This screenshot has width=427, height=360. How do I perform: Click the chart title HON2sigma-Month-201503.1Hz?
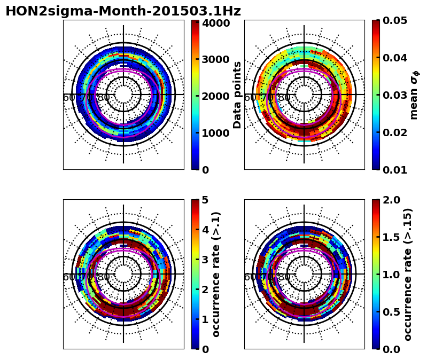point(123,11)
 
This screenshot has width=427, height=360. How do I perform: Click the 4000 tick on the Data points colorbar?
point(215,23)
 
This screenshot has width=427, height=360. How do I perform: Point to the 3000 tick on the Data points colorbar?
point(215,59)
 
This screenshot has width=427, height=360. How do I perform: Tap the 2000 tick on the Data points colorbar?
point(215,96)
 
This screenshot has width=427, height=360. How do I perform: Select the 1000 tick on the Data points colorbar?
point(215,133)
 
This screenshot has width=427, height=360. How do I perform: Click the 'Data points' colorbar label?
point(237,95)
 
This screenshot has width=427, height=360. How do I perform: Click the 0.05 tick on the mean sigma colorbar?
point(395,20)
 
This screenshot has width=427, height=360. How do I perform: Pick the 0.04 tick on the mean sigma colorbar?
point(395,58)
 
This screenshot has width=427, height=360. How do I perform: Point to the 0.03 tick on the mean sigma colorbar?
point(395,95)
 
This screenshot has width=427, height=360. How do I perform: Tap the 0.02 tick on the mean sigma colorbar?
point(395,132)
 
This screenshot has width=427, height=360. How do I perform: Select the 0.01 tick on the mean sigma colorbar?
point(395,170)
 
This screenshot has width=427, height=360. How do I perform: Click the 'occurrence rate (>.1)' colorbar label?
point(216,274)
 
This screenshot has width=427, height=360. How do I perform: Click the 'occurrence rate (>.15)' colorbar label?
point(408,274)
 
